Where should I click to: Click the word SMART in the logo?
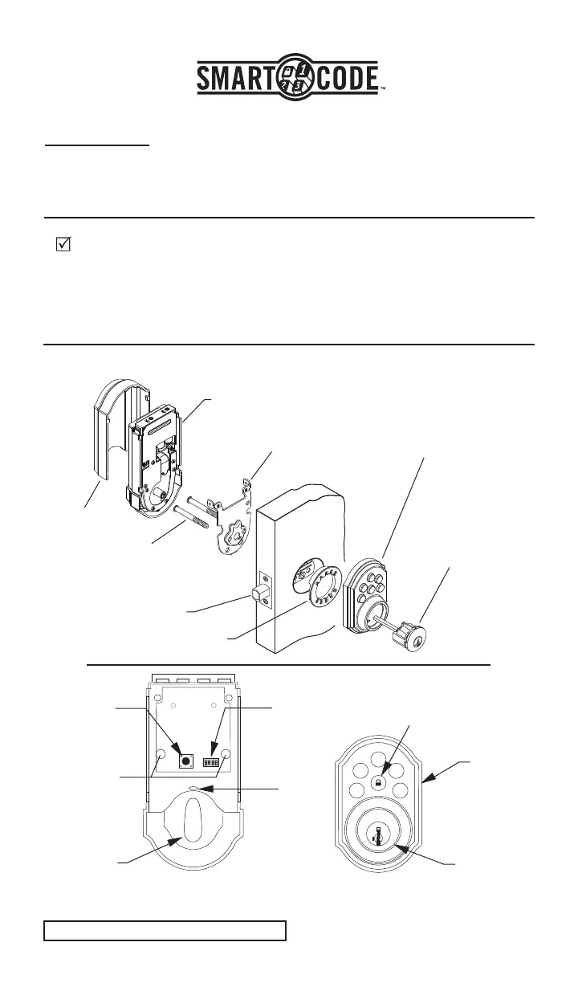236,80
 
